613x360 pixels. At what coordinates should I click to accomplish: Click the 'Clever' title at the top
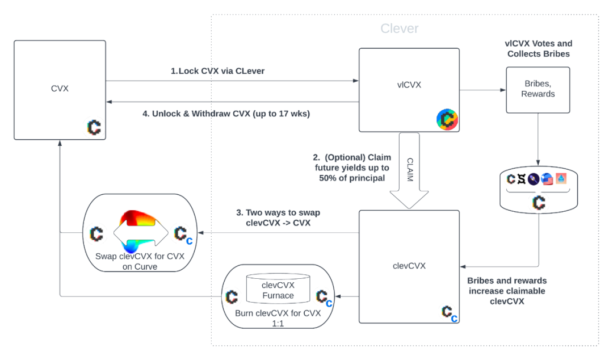(x=399, y=28)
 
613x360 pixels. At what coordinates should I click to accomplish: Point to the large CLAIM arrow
(x=409, y=170)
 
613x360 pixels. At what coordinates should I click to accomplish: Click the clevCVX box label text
(x=409, y=265)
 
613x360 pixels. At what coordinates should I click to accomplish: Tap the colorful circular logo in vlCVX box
(x=447, y=119)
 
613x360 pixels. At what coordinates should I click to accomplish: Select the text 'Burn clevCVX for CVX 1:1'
(x=278, y=318)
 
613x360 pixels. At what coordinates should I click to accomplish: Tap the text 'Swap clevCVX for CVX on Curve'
(x=140, y=261)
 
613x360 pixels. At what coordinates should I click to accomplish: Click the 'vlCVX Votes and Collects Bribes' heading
(x=538, y=49)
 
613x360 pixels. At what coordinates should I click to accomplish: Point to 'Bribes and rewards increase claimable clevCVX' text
(x=507, y=291)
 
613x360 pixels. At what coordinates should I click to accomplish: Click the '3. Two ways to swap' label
(x=278, y=218)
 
